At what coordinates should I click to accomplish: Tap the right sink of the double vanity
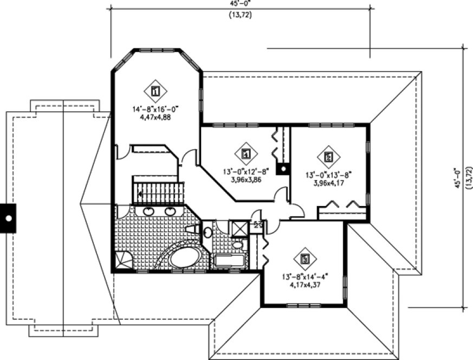click(170, 211)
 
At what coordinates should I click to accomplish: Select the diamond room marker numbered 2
click(328, 157)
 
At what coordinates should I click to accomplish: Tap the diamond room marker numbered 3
click(305, 259)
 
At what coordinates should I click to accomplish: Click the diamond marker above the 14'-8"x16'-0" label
click(155, 91)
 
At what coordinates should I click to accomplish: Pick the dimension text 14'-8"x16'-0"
click(155, 109)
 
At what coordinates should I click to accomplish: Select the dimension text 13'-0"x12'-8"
click(245, 172)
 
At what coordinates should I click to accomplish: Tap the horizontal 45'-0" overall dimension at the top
click(240, 3)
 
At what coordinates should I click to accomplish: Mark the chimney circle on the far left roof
click(9, 218)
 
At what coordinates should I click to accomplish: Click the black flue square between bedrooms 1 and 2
click(282, 169)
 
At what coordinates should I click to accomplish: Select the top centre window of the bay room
click(157, 50)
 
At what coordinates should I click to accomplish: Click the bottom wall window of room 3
click(304, 306)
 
